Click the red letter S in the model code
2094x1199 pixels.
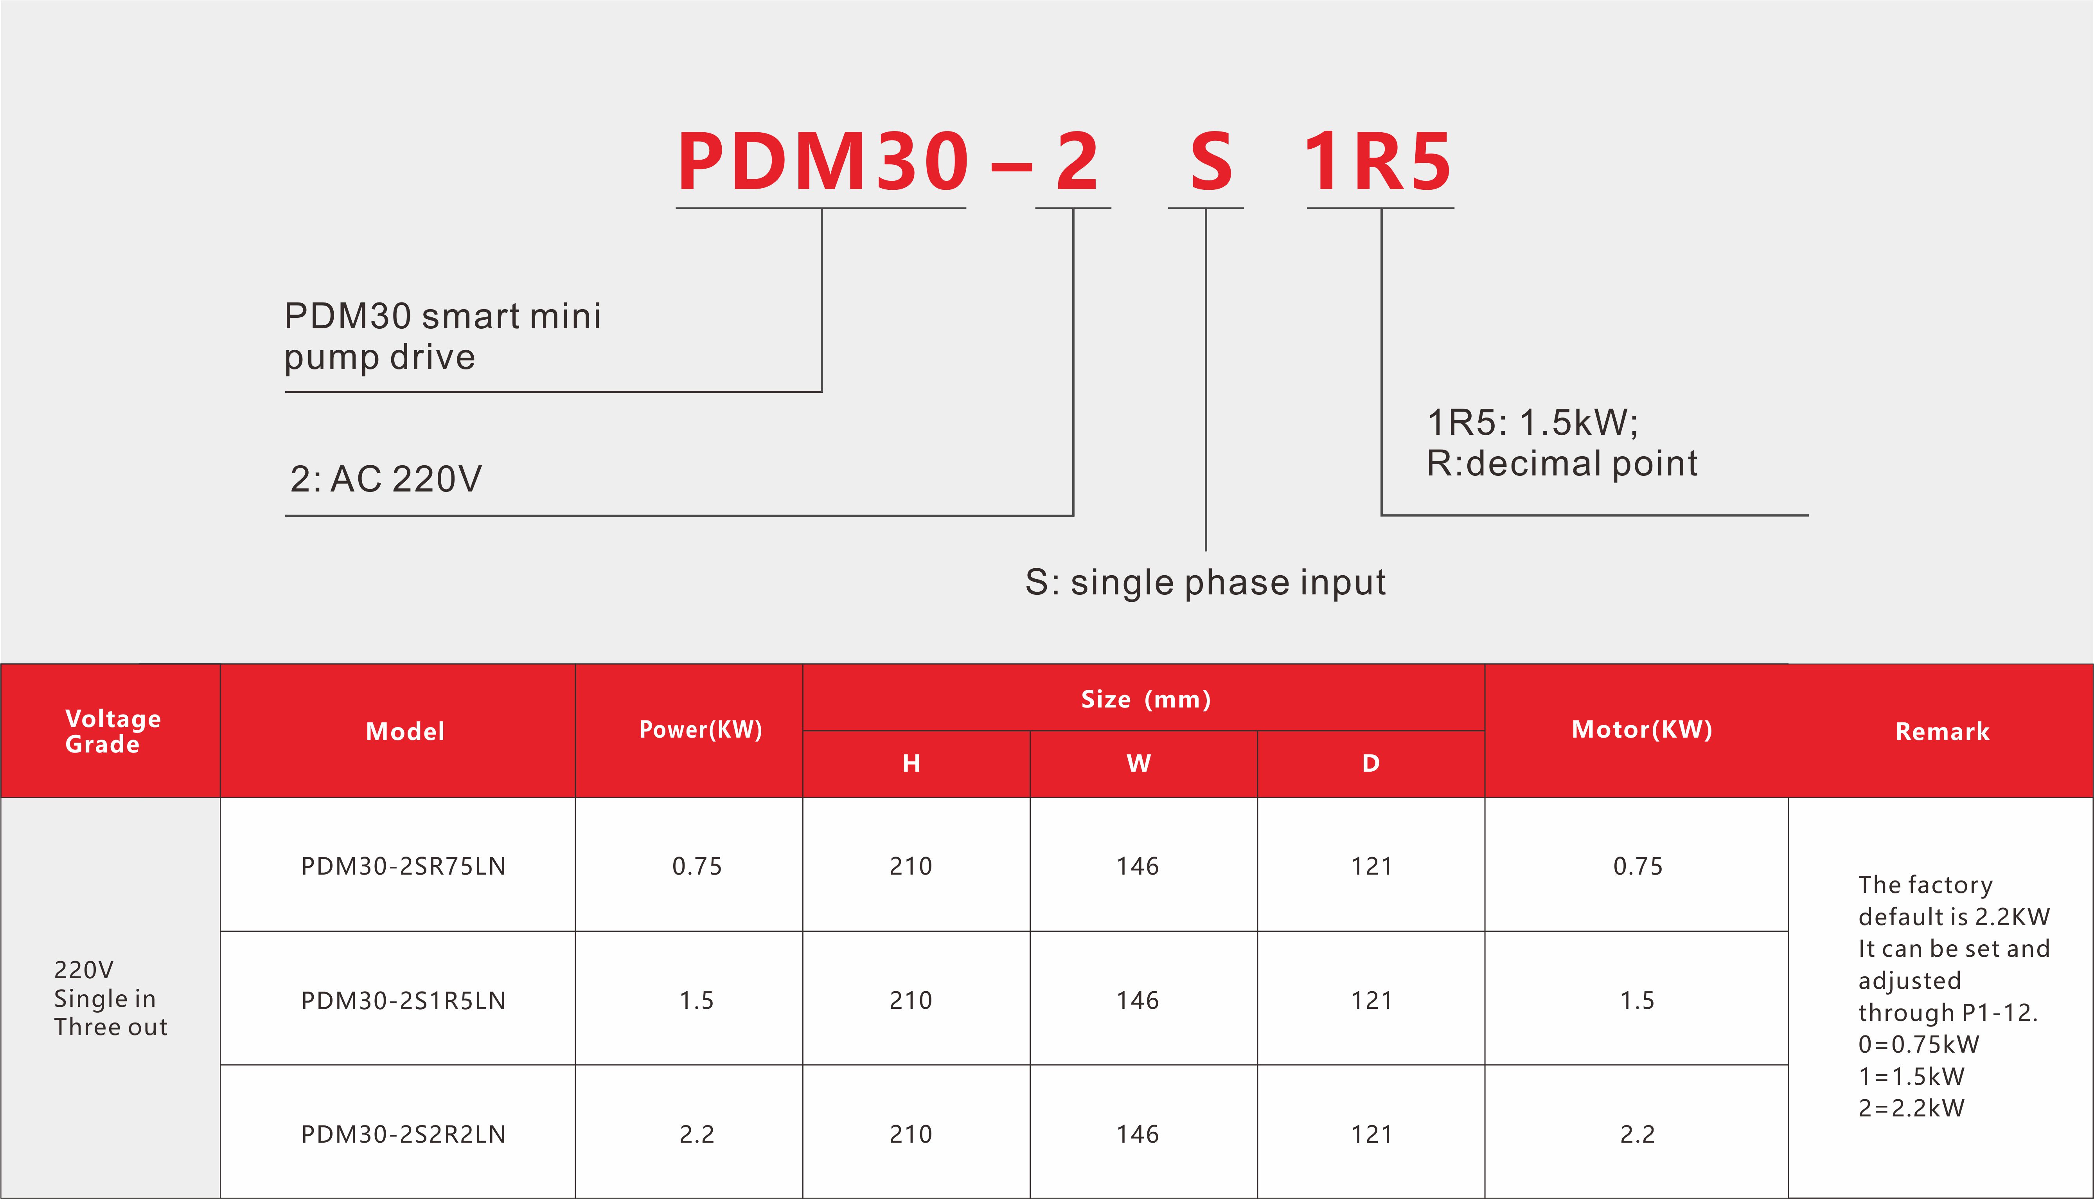(x=1211, y=161)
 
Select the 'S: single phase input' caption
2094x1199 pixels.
(x=1205, y=582)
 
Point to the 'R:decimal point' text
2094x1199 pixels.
(x=1562, y=464)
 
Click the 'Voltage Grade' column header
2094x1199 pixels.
(x=113, y=731)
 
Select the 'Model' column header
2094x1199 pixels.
(x=405, y=731)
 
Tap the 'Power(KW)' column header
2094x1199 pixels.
(x=701, y=729)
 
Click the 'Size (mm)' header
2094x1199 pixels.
(x=1146, y=699)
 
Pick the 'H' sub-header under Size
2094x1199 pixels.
(x=911, y=763)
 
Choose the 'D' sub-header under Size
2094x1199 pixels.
(x=1370, y=763)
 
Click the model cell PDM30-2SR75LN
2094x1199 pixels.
(x=403, y=866)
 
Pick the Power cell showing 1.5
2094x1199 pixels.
(x=696, y=1001)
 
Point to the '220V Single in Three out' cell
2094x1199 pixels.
(x=110, y=998)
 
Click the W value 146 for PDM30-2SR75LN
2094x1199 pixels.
(x=1138, y=866)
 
